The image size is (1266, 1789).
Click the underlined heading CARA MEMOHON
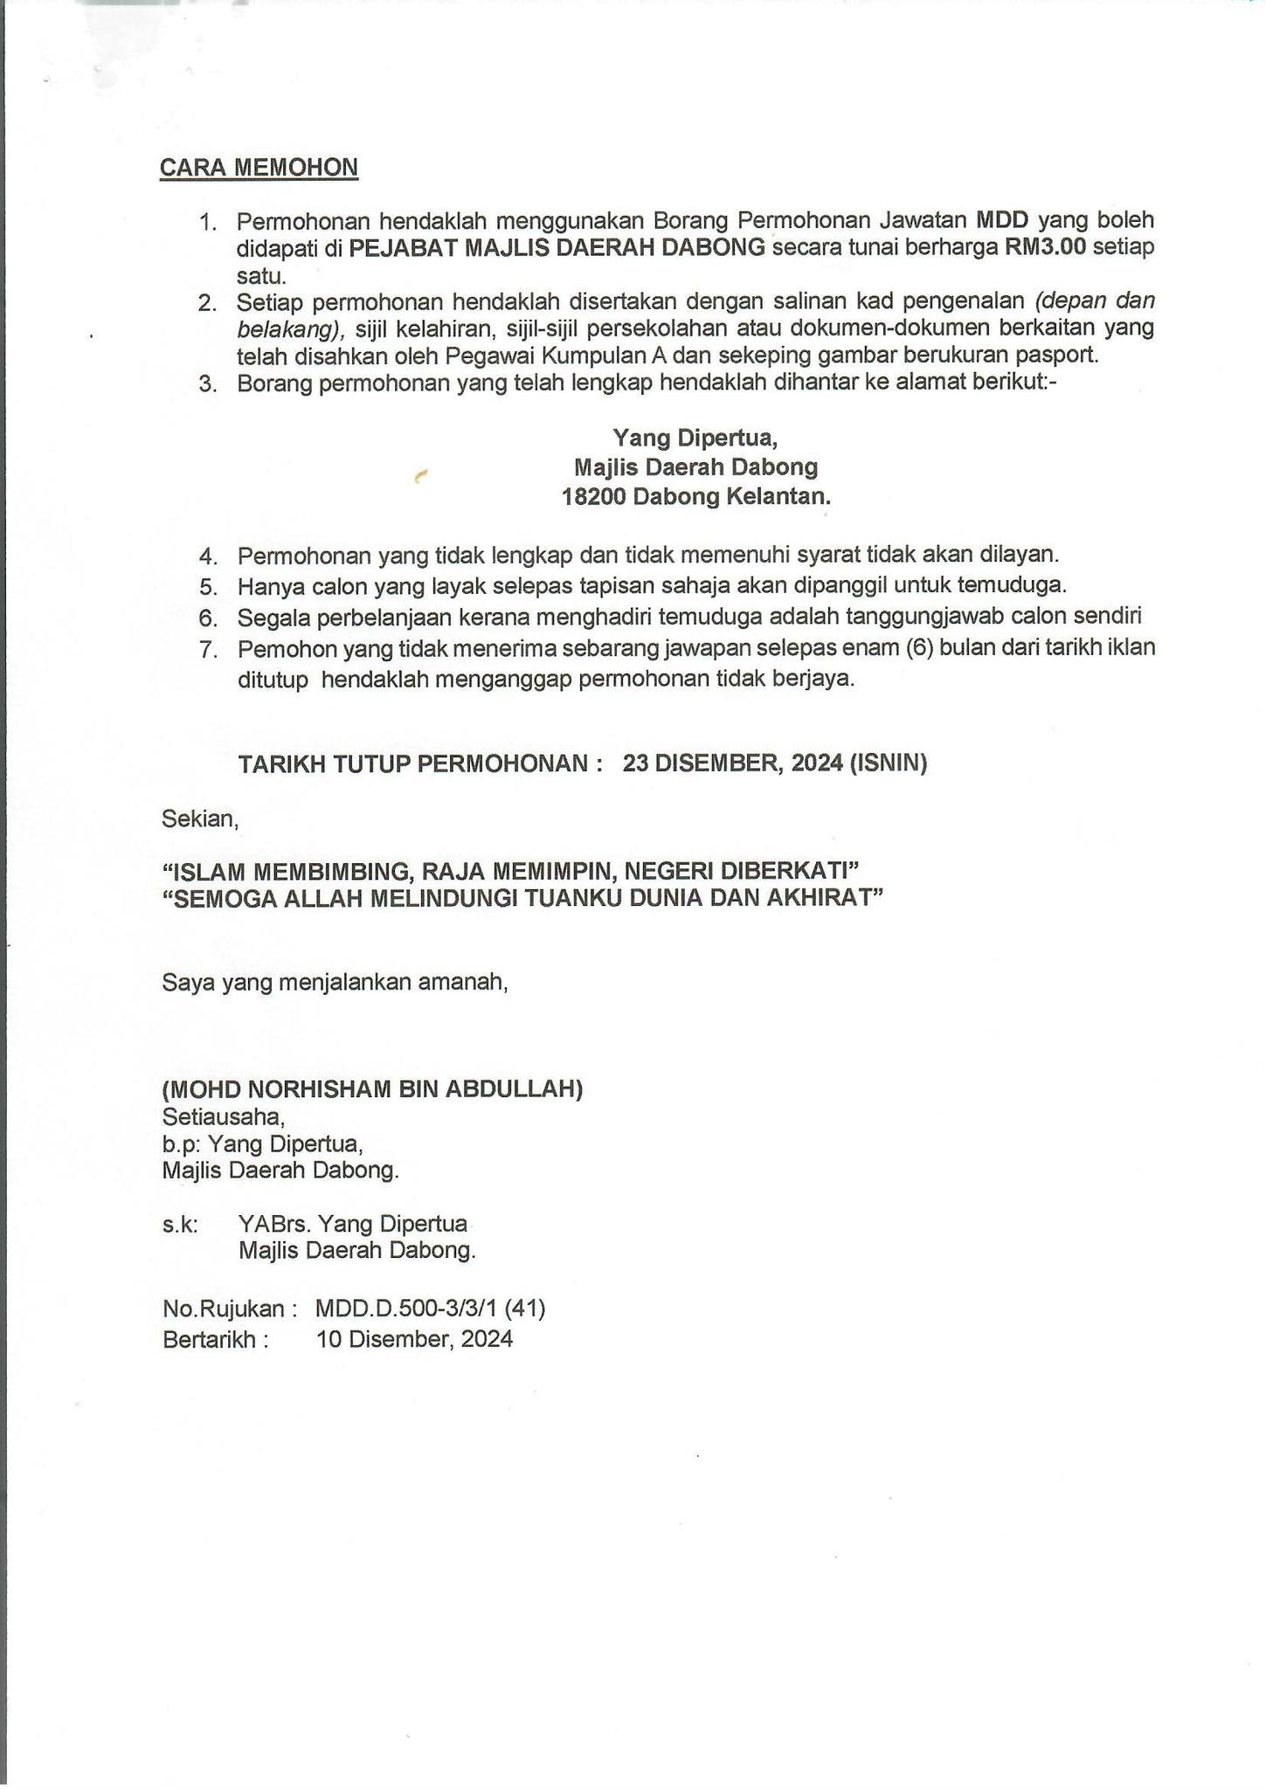(x=259, y=168)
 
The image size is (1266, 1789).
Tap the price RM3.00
(x=1045, y=247)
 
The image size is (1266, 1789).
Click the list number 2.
(x=207, y=304)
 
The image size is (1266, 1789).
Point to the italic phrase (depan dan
(x=1095, y=301)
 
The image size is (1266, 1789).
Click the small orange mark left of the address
(x=420, y=476)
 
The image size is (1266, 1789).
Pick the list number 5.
(x=207, y=586)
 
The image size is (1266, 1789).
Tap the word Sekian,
(x=199, y=819)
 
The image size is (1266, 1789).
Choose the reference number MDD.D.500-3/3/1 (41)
(x=431, y=1309)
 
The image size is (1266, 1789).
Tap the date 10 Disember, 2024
(x=414, y=1339)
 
